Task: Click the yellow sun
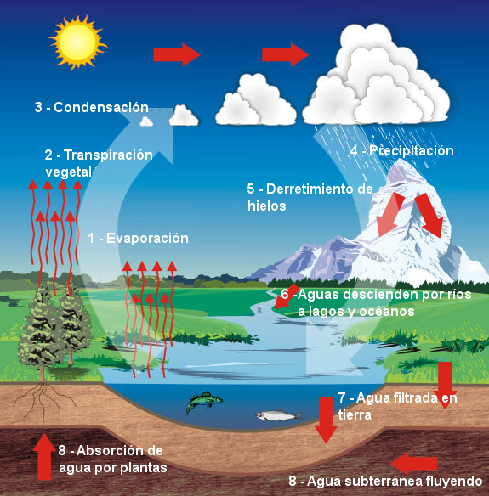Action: coord(77,42)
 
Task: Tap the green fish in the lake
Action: coord(204,402)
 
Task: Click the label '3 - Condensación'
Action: coord(92,107)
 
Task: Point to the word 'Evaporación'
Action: coord(147,238)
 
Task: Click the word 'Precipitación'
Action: coord(411,150)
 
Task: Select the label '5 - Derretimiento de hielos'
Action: coord(310,197)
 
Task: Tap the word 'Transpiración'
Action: coord(108,155)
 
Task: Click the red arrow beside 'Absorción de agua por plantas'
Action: coord(44,456)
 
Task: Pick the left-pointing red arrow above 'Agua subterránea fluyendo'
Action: coord(413,464)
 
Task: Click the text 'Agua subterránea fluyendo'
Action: coord(395,481)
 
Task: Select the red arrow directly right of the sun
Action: coord(177,54)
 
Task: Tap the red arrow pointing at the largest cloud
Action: coord(286,54)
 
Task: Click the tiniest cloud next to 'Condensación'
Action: coord(146,121)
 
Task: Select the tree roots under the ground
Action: coord(43,402)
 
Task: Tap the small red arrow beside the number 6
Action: coord(287,296)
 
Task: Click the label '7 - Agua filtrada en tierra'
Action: coord(397,406)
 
